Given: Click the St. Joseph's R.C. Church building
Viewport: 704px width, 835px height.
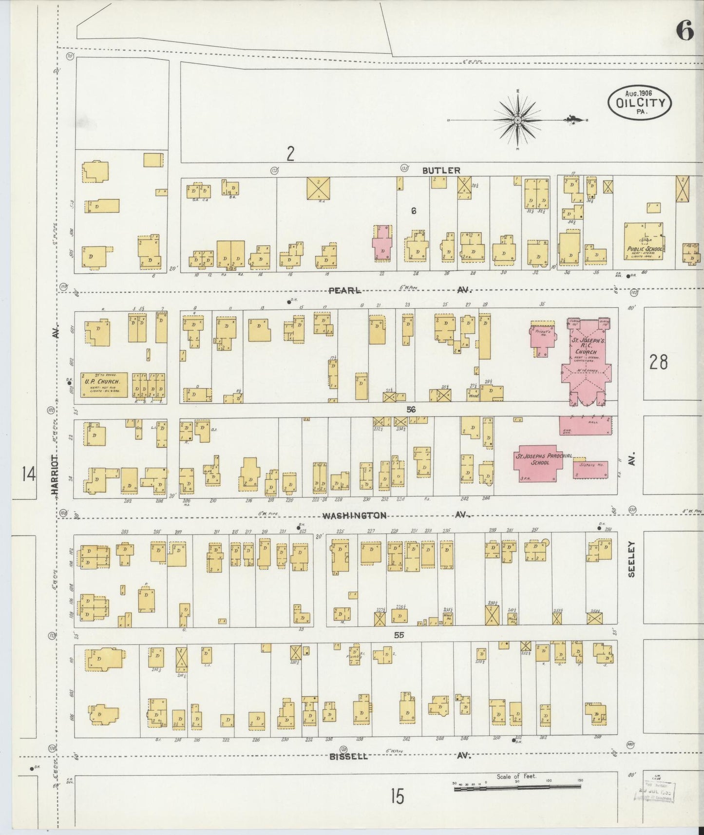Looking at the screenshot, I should [586, 361].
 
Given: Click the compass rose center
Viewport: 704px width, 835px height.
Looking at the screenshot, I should [517, 119].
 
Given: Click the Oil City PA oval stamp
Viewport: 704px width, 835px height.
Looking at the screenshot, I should [640, 102].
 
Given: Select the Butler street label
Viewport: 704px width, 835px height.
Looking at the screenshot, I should [441, 170].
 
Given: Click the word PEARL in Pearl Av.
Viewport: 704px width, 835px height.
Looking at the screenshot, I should [344, 290].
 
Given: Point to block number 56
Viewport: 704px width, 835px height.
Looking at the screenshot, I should [411, 410].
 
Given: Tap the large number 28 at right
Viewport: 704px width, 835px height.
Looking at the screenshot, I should [658, 362].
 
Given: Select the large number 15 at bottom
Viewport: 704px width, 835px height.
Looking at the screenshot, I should [397, 797].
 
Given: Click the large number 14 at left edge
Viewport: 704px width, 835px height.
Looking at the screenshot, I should [28, 473].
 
